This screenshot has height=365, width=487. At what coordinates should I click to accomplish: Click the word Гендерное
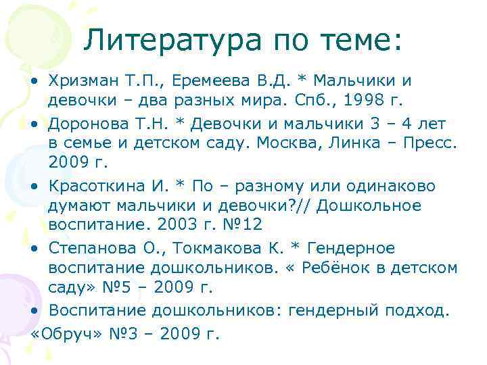point(356,248)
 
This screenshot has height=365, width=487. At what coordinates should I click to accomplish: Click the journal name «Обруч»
point(62,333)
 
